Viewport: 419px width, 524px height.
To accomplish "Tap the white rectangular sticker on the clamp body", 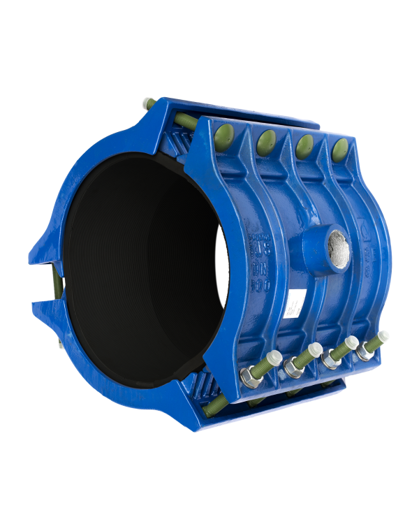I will coord(297,303).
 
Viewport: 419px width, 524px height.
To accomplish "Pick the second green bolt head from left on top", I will coord(266,141).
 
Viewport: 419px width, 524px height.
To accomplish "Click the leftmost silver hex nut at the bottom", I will coord(249,379).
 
